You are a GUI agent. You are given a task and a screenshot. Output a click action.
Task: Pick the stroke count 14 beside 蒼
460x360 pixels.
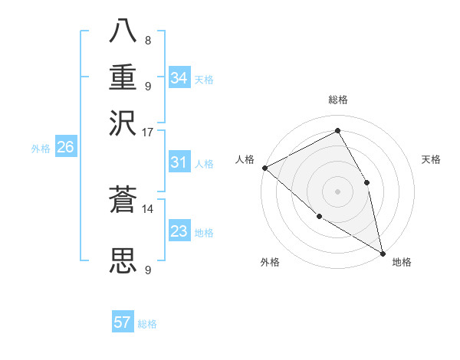point(147,208)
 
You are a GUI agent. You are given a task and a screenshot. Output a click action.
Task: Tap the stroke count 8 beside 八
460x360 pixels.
point(147,40)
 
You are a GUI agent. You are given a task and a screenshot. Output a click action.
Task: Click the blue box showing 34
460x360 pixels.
point(179,78)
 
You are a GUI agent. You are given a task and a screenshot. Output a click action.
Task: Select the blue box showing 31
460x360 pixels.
point(179,163)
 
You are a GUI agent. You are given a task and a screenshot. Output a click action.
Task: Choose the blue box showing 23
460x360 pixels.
point(179,231)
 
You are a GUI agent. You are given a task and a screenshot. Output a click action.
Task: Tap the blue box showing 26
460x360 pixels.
point(65,148)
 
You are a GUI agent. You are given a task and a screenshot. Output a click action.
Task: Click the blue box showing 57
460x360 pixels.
point(123,322)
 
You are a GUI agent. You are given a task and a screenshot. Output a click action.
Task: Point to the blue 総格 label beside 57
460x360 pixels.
point(147,324)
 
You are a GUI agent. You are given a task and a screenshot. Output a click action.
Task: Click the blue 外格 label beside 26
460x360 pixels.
point(40,149)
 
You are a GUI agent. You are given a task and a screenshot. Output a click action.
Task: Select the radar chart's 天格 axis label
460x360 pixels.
point(431,159)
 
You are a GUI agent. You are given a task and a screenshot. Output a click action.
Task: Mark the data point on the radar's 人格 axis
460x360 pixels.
point(264,167)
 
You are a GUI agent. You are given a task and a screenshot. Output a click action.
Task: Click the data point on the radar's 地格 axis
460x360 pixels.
point(383,253)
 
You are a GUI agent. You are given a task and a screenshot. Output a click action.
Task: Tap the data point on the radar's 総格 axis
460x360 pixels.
point(337,131)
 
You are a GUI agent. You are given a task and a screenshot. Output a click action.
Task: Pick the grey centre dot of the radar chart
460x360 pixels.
point(337,191)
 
